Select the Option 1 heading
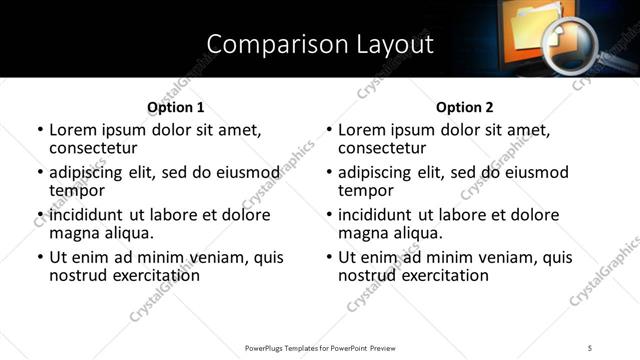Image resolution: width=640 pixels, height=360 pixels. (175, 107)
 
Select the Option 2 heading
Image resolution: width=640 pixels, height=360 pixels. (465, 107)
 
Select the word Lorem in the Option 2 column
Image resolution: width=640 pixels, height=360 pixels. (362, 130)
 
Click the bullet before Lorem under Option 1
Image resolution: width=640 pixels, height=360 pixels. (40, 131)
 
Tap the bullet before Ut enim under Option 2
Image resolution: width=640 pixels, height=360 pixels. (329, 258)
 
